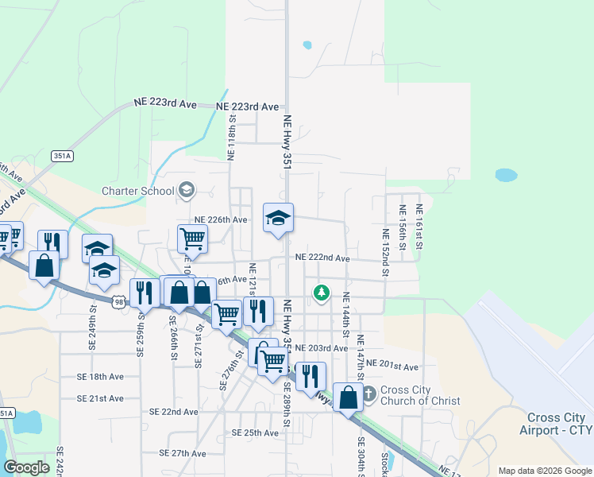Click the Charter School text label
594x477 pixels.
click(x=137, y=191)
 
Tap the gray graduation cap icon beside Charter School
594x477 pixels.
click(x=187, y=189)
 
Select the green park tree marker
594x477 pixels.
click(x=322, y=293)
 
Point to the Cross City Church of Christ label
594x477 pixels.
click(x=420, y=395)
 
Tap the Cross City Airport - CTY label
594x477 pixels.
click(x=560, y=424)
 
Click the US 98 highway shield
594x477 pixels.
click(x=118, y=302)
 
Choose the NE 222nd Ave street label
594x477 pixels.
click(x=322, y=258)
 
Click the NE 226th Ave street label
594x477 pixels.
click(x=222, y=219)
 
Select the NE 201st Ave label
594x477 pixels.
click(x=398, y=366)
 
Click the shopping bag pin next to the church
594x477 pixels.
click(x=348, y=397)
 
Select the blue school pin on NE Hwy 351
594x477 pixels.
click(x=278, y=218)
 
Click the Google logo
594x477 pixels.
click(x=27, y=467)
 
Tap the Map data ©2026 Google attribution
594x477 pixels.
click(x=544, y=471)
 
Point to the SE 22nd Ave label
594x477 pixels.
click(x=174, y=412)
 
